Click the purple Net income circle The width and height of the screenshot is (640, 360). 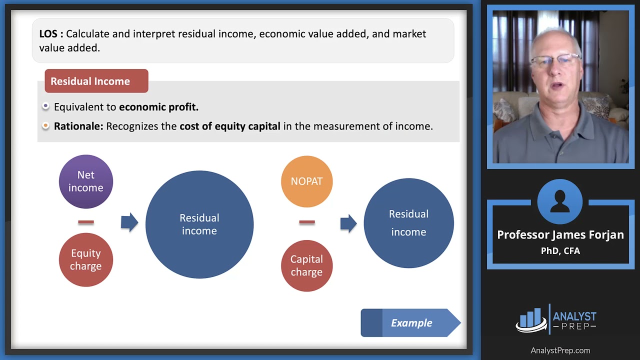pos(86,181)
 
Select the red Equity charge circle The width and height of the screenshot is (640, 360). pos(86,260)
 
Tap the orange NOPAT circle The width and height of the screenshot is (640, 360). pos(306,181)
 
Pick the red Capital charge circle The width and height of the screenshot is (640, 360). pos(306,265)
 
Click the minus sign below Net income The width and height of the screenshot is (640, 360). pos(86,222)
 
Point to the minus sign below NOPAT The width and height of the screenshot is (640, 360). pos(306,222)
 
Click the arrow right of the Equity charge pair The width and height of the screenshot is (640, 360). pos(129,222)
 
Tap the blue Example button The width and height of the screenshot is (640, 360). pos(410,323)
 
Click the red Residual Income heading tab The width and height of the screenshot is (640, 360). pos(96,81)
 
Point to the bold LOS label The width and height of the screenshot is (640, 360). pos(51,34)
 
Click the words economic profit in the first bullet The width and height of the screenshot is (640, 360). pos(158,107)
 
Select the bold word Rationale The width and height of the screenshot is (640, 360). pos(78,126)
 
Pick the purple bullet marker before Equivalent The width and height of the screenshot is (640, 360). pos(46,106)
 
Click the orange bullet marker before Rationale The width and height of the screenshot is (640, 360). pos(46,126)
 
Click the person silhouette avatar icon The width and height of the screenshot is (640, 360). pos(560,202)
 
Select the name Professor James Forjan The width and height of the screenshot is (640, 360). pos(560,235)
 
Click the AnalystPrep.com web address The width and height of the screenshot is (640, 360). pos(560,350)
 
